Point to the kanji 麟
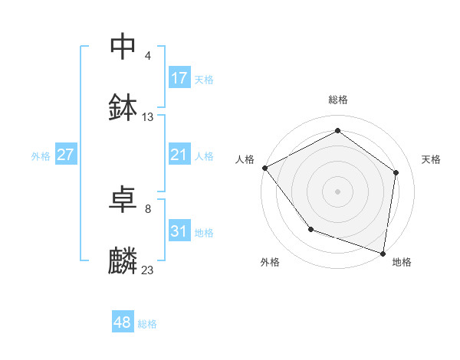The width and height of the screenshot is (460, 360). (x=123, y=260)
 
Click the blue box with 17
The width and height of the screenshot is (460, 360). (x=179, y=78)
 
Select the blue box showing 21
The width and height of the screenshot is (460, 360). (x=179, y=155)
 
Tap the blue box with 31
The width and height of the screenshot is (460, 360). (x=179, y=232)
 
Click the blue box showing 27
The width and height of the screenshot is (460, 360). (x=66, y=155)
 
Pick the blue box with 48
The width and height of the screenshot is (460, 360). (x=123, y=323)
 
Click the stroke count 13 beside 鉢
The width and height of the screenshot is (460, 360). (x=148, y=117)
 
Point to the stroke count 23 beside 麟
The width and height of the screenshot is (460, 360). (x=148, y=270)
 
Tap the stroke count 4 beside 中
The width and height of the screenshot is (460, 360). (x=148, y=56)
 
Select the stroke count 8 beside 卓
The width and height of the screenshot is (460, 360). (x=148, y=209)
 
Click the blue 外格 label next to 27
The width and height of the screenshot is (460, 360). (x=41, y=156)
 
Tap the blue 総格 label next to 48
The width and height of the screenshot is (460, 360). (x=147, y=324)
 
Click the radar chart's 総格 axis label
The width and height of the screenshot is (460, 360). (x=338, y=100)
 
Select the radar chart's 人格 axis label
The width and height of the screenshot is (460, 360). (x=245, y=159)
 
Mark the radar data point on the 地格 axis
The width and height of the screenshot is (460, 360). (x=383, y=253)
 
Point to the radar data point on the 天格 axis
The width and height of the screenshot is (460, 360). (x=396, y=172)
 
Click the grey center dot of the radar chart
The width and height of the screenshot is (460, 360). (x=338, y=191)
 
